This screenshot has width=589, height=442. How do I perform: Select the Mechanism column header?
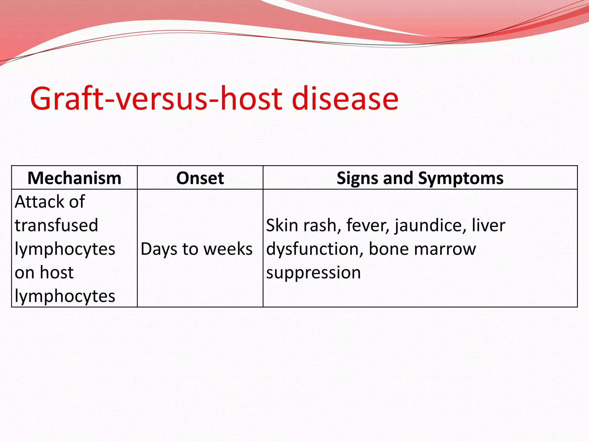(74, 178)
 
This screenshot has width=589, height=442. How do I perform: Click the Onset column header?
(200, 178)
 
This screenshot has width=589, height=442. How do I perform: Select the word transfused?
(56, 225)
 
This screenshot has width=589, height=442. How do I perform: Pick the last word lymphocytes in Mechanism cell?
(65, 296)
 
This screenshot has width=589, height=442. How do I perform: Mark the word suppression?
(313, 273)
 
